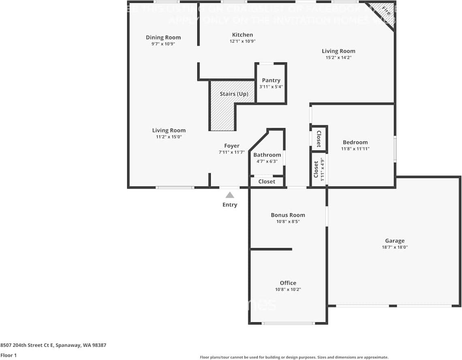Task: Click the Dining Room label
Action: [163, 37]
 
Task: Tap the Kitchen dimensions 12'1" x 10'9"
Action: [242, 41]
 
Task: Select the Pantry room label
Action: [271, 80]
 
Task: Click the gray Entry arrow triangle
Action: [230, 195]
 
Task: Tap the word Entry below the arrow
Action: [230, 205]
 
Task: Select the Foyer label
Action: [232, 146]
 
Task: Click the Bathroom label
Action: [267, 155]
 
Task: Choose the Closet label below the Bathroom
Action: [267, 182]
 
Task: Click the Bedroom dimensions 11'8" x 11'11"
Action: [355, 149]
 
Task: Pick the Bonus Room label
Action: [288, 215]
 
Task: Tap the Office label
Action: [288, 283]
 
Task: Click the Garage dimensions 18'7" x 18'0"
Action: [394, 247]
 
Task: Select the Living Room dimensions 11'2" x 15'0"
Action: [169, 137]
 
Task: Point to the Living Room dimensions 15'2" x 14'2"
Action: [338, 58]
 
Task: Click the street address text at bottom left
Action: [53, 345]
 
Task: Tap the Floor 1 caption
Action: [8, 355]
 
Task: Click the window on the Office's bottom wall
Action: [288, 323]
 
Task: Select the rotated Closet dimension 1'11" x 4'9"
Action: [323, 169]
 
